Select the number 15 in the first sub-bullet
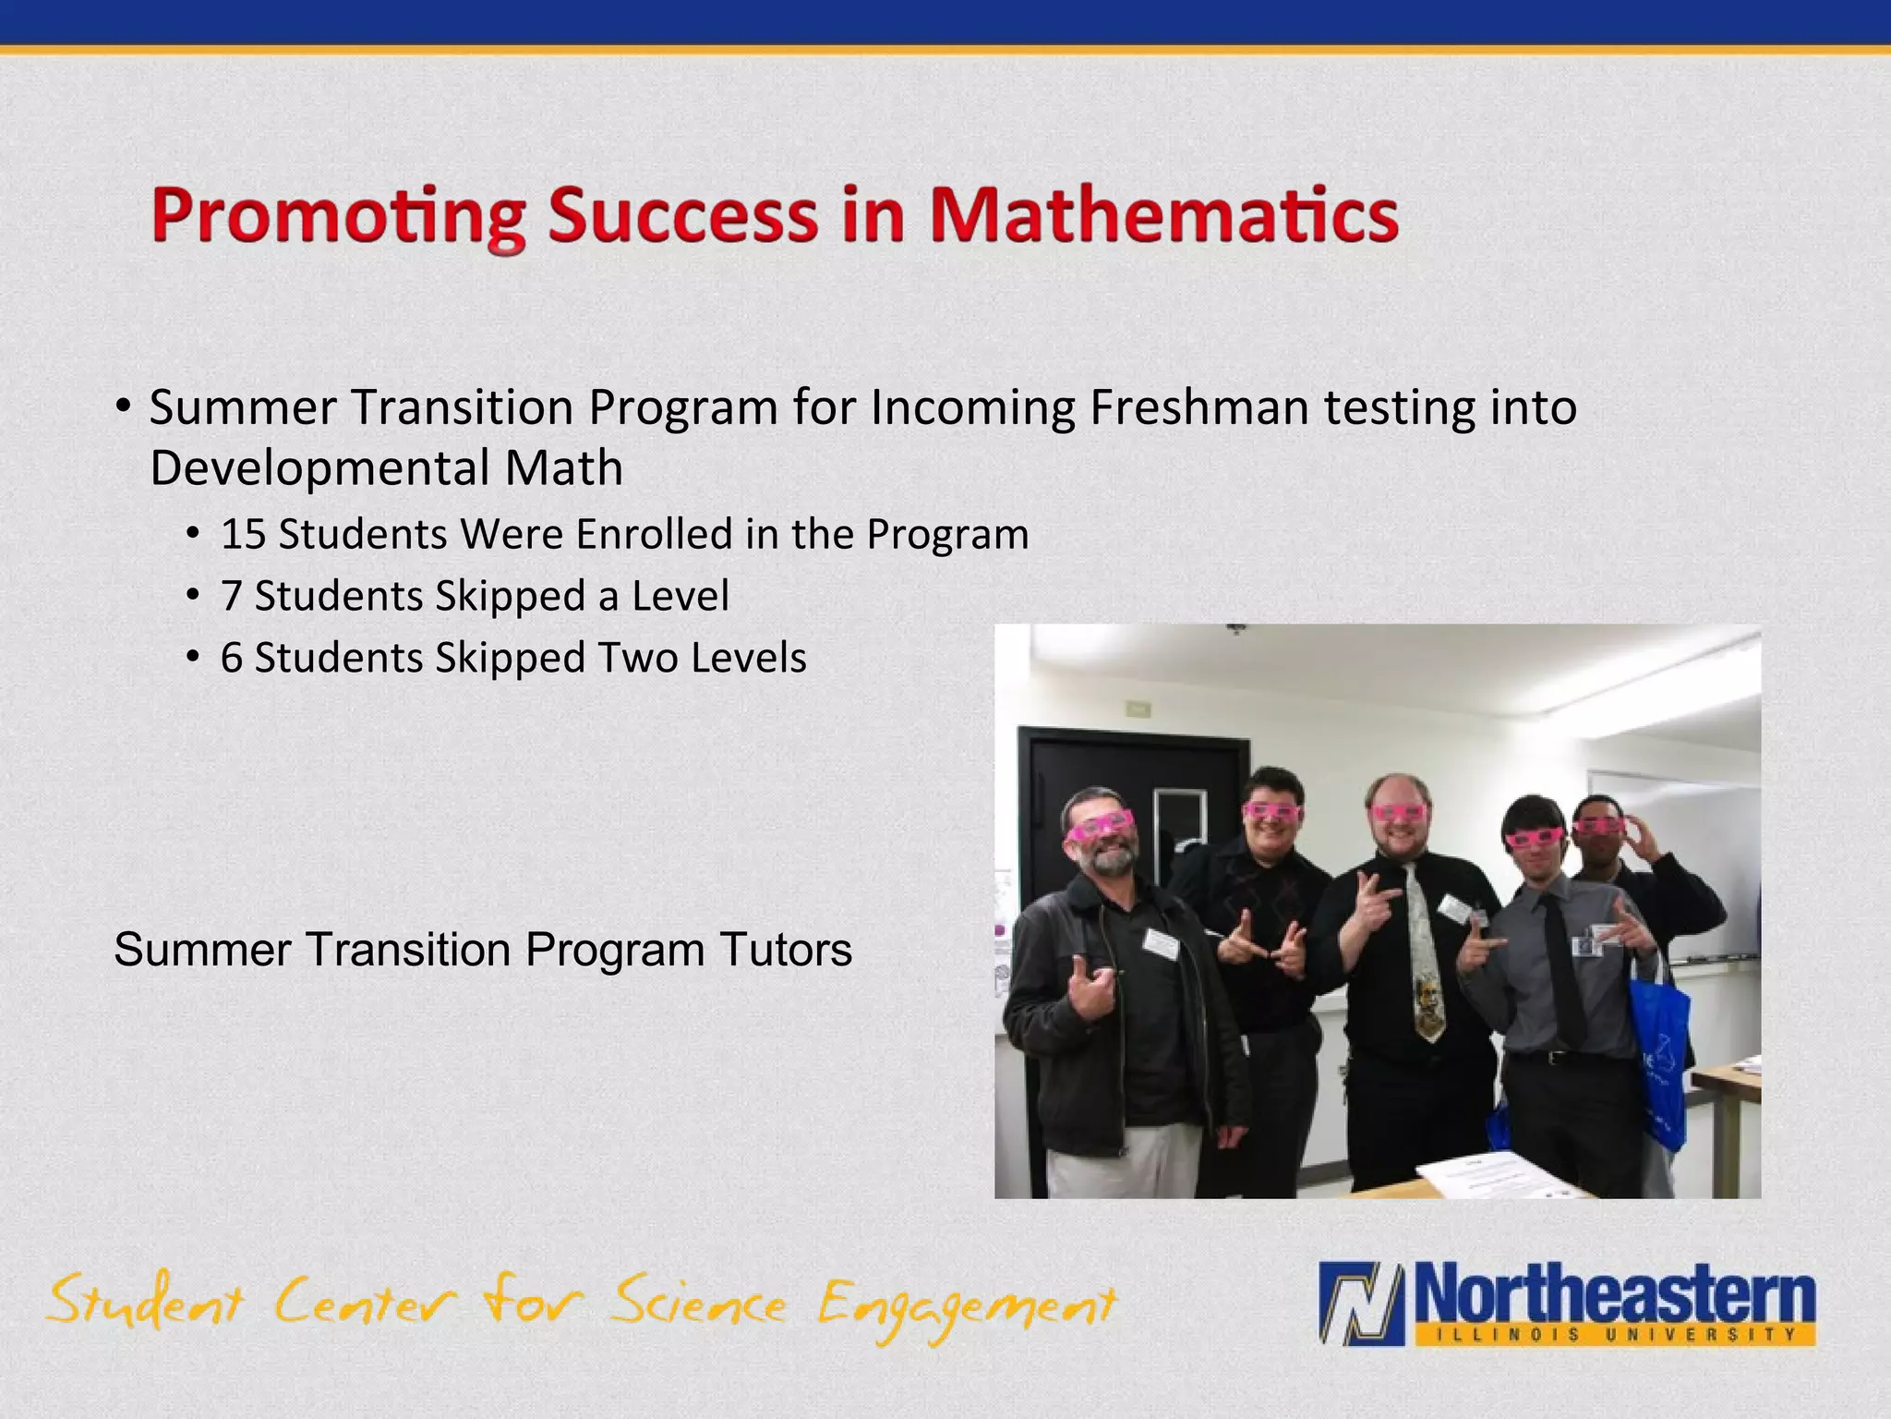(x=243, y=534)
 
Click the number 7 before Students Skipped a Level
(x=231, y=596)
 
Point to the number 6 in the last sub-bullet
(x=231, y=658)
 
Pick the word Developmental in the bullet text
(x=319, y=467)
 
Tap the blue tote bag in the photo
(x=1658, y=1053)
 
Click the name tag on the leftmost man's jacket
(x=1161, y=943)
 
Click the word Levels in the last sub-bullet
(x=749, y=658)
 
